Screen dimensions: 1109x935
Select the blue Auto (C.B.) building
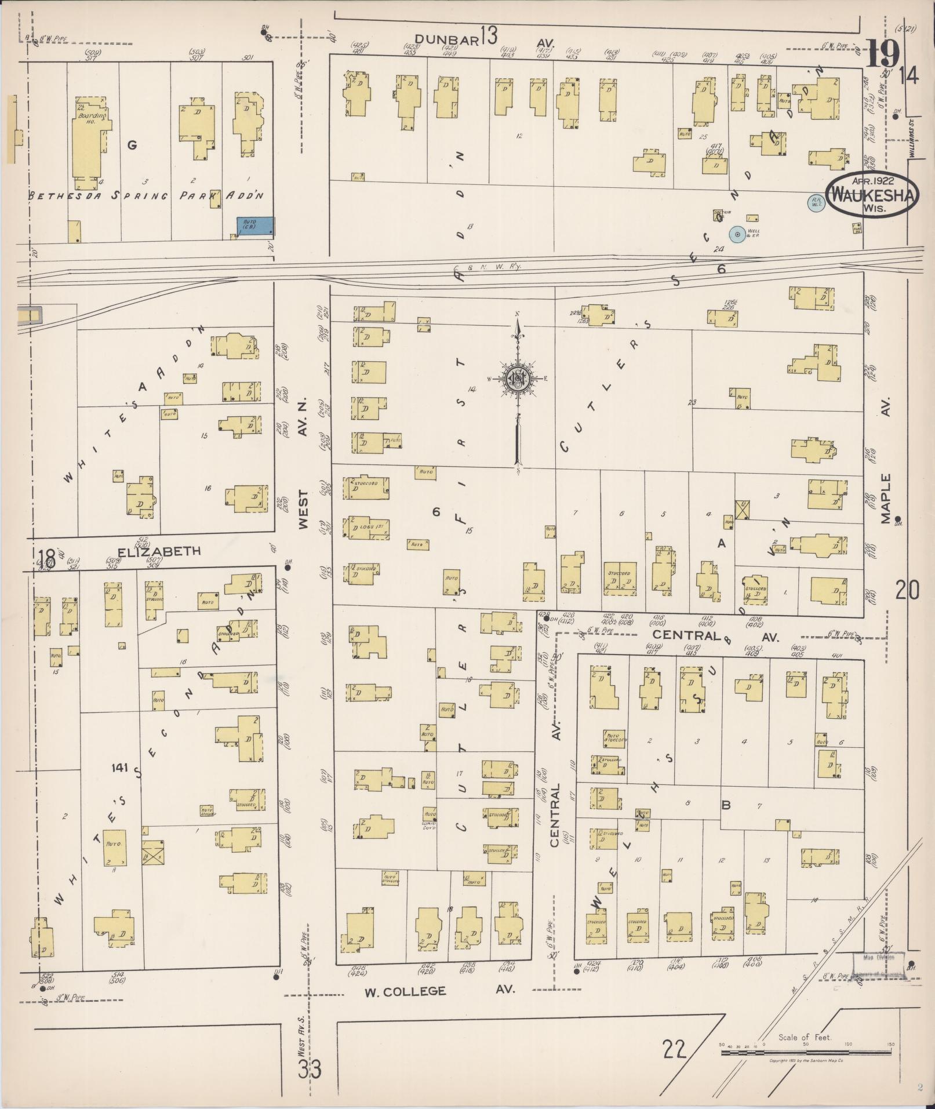tap(255, 226)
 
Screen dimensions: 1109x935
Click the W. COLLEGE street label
tap(406, 991)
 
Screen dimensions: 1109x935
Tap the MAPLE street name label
tap(886, 499)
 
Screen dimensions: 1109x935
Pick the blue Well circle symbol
tap(737, 235)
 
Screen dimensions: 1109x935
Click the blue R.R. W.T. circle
tap(816, 203)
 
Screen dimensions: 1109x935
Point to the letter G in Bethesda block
tap(132, 145)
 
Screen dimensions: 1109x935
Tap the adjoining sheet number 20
tap(907, 591)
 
